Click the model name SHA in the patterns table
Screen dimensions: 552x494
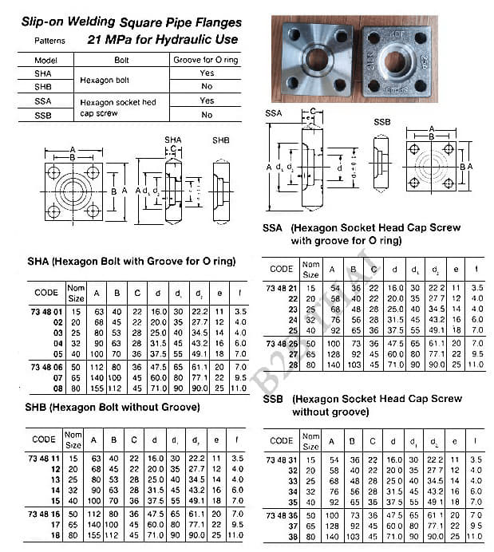(x=43, y=73)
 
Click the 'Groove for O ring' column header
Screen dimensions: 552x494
(x=207, y=60)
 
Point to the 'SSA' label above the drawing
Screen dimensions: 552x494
(x=273, y=115)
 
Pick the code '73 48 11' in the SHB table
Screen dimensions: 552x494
(x=45, y=459)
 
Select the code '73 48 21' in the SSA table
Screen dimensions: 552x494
(x=281, y=287)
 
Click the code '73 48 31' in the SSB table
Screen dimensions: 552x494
(x=281, y=460)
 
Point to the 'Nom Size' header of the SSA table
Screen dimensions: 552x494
(x=311, y=268)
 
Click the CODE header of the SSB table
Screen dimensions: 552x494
(x=281, y=440)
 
